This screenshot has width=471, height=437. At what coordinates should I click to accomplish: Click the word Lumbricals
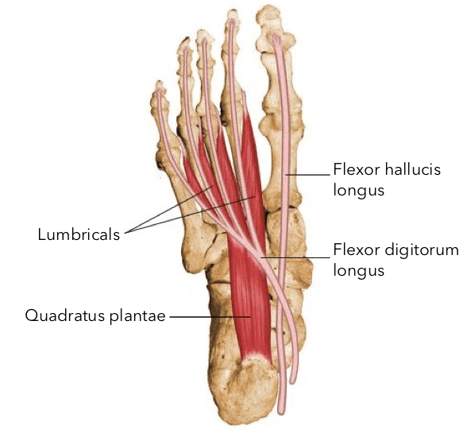coord(79,234)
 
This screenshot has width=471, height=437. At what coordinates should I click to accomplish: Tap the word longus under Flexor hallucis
coord(359,191)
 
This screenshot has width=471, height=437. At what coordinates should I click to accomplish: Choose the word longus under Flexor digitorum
coord(359,271)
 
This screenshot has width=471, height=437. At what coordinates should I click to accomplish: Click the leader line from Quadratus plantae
coord(210,316)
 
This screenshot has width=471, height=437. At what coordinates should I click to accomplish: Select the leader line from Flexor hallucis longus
coord(307,174)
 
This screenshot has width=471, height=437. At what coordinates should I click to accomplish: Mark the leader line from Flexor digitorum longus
coord(295,257)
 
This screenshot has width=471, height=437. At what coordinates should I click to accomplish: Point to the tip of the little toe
coord(159,82)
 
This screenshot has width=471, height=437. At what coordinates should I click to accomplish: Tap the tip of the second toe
coord(232,11)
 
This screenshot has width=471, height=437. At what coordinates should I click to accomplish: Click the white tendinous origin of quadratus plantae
coord(255,357)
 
